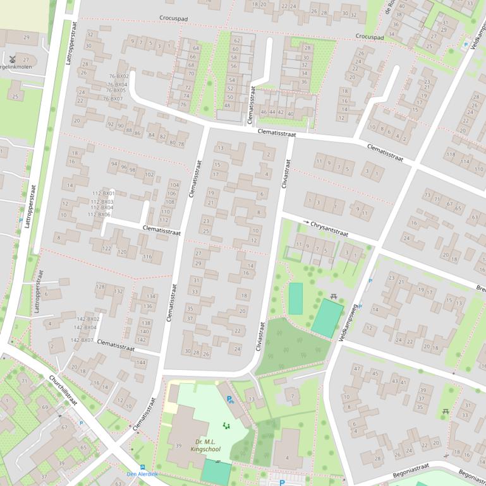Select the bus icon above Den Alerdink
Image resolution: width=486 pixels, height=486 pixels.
(142, 466)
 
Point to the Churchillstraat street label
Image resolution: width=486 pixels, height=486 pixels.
(63, 391)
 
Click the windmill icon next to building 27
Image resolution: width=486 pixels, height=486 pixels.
(11, 59)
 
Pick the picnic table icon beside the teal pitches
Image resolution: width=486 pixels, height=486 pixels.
(334, 295)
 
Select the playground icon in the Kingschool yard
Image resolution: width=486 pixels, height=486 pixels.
(226, 426)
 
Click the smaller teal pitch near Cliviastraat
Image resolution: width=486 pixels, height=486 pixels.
(295, 299)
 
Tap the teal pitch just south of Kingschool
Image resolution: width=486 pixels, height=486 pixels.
(216, 472)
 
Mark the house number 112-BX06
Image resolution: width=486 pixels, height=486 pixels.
(99, 215)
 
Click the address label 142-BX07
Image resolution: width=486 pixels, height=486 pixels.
(82, 340)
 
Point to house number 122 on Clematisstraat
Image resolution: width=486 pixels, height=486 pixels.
(107, 249)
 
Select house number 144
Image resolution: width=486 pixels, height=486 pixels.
(140, 363)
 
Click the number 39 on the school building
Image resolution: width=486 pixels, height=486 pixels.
(178, 446)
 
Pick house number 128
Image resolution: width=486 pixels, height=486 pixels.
(100, 287)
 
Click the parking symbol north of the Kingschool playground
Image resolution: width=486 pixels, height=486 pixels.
(230, 399)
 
